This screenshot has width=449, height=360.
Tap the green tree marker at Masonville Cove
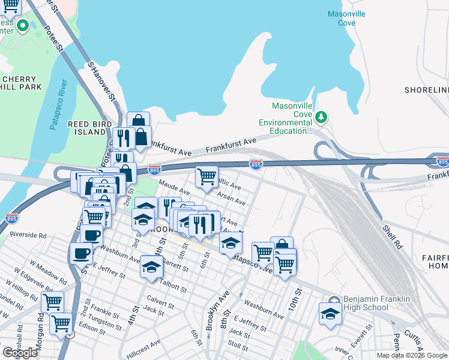321,116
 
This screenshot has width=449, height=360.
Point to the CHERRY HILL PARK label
22,83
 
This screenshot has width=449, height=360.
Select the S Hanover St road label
101,80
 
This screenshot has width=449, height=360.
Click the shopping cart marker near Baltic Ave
206,176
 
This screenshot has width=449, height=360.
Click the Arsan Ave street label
231,199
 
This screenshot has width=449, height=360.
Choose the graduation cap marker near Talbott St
152,266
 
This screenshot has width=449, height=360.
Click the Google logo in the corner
20,353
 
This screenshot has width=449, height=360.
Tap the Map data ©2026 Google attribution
411,355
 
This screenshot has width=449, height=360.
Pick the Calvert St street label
159,301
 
